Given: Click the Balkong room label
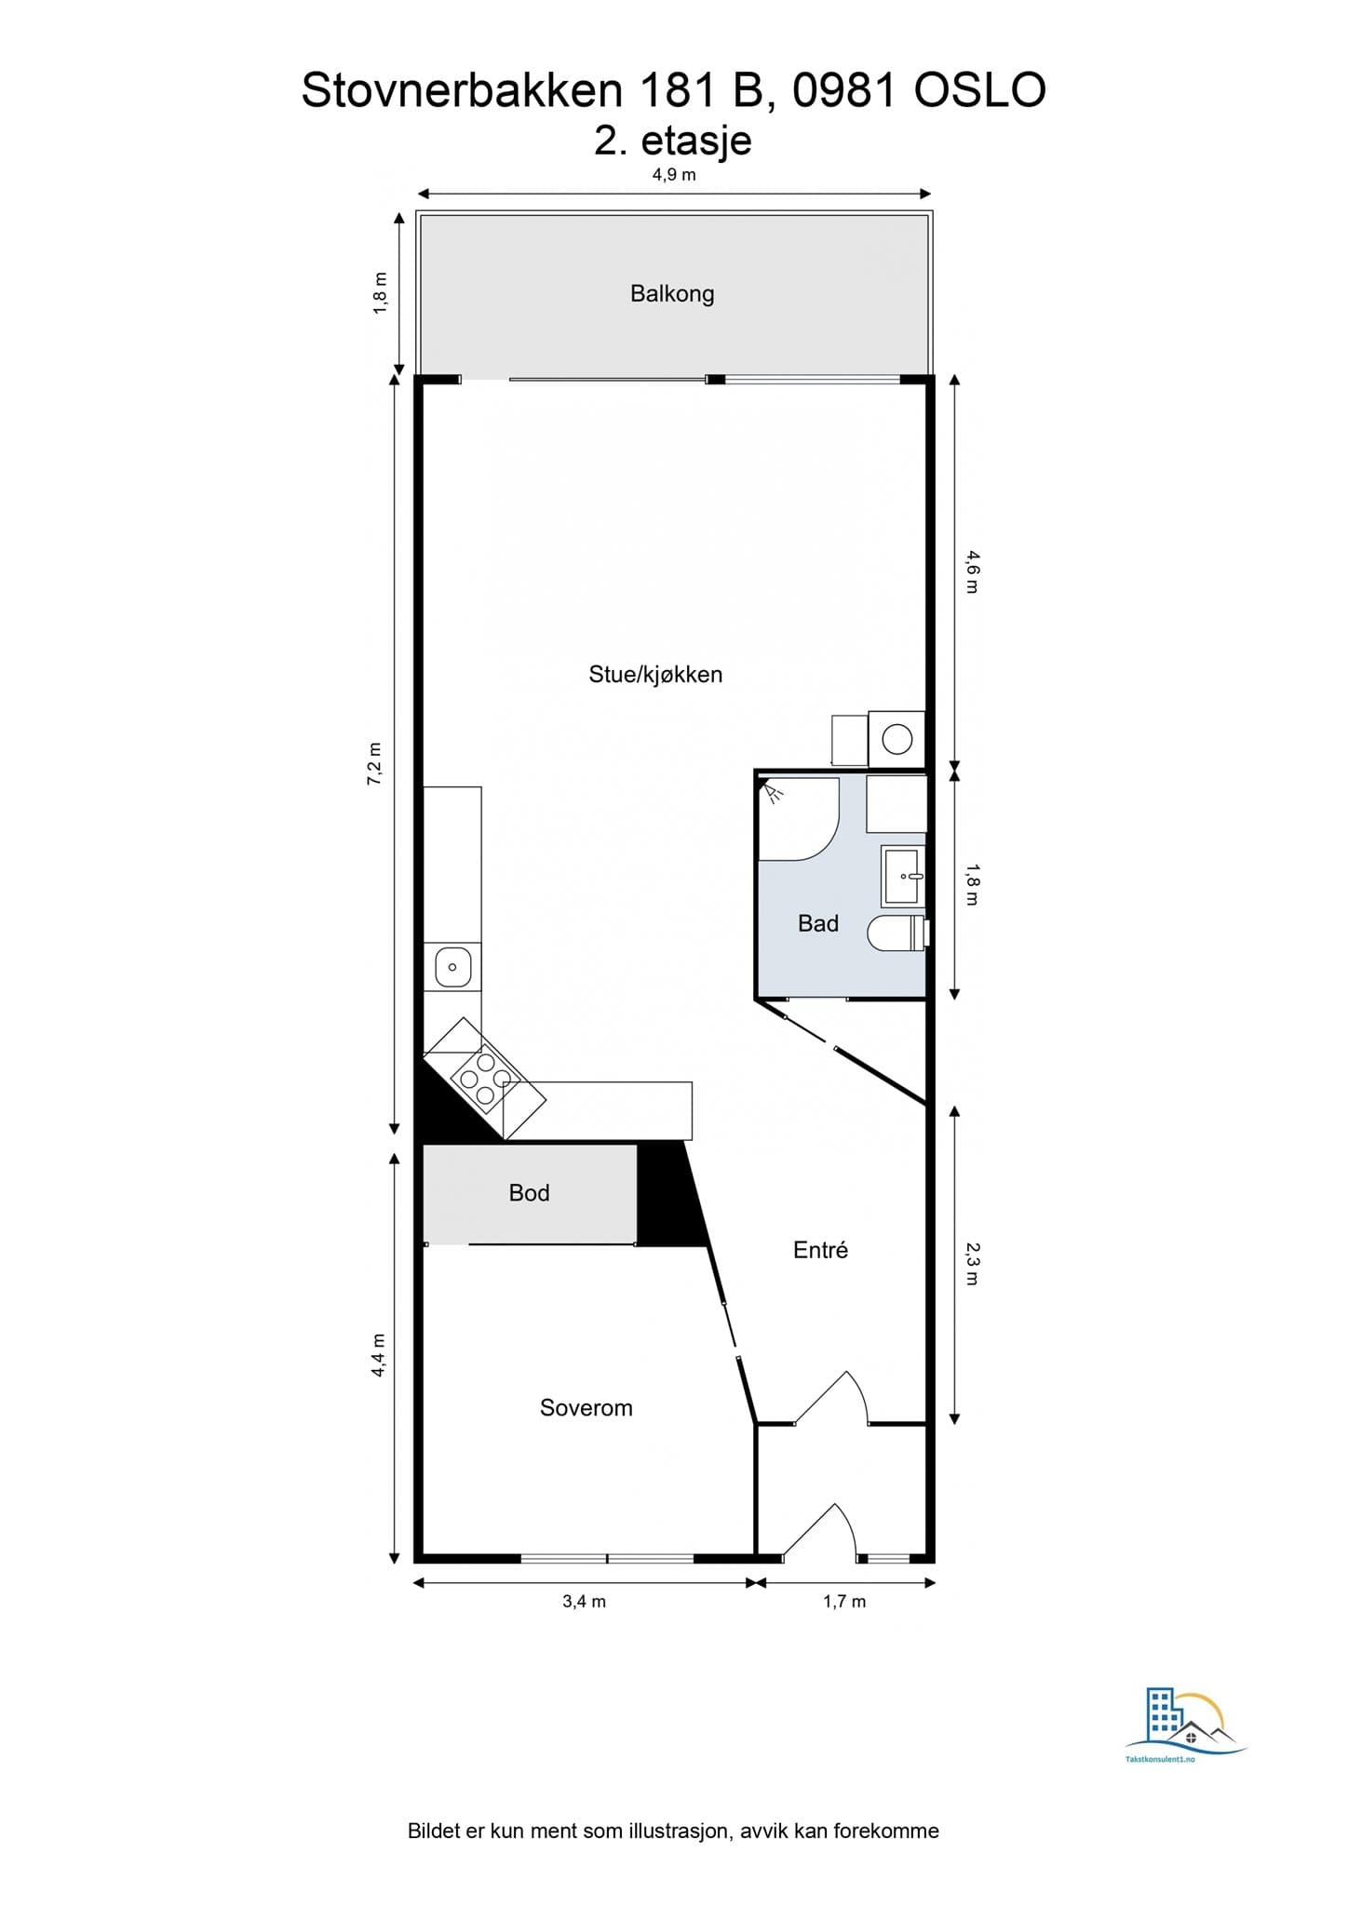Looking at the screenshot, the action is point(672,294).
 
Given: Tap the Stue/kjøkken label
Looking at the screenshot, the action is point(655,675).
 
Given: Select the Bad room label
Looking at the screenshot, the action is point(818,923).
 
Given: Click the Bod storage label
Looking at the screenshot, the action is point(529,1193).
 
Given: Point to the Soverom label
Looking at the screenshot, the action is point(586,1408).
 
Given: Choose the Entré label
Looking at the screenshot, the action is point(820,1250).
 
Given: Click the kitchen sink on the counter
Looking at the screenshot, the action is point(452,967).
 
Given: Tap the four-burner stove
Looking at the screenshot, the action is point(485,1080).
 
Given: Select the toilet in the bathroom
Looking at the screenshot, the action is point(899,933).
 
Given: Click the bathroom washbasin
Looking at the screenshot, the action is point(903,876).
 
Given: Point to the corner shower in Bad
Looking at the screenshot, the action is point(799,818).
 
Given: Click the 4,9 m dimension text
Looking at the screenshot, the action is point(674,174).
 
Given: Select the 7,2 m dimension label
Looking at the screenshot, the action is point(374,763).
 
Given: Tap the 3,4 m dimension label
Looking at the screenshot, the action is point(584,1602).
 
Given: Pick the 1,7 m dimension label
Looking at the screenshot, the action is point(844,1602).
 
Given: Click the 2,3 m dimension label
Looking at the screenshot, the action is point(972,1264).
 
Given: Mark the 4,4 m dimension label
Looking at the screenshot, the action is point(378,1355).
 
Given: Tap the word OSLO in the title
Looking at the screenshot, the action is point(980,91).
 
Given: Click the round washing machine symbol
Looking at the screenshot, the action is point(897,740).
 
